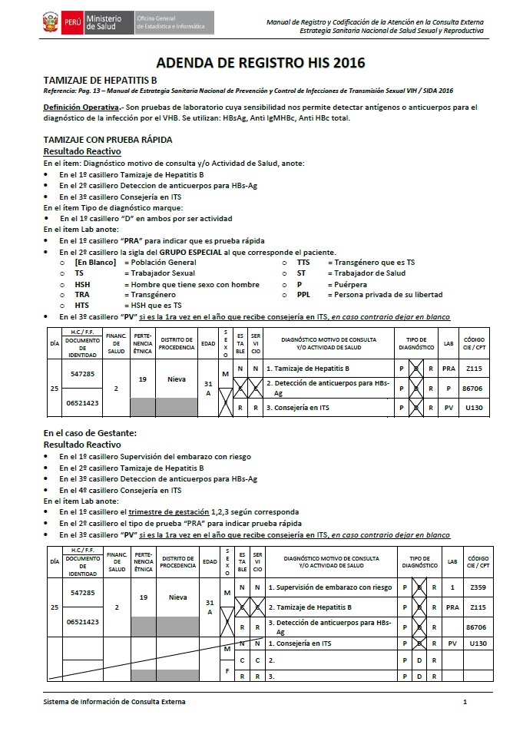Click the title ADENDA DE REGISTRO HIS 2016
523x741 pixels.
pos(260,63)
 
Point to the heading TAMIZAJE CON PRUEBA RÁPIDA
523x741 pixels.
pos(108,140)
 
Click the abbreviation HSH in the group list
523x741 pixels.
pos(82,284)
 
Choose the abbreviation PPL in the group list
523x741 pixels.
pos(304,295)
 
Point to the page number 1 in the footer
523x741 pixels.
pos(465,702)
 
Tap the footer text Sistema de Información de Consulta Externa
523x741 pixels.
pos(114,702)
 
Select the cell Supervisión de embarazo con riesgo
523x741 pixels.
pos(329,587)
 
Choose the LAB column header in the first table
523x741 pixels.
pos(450,343)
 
